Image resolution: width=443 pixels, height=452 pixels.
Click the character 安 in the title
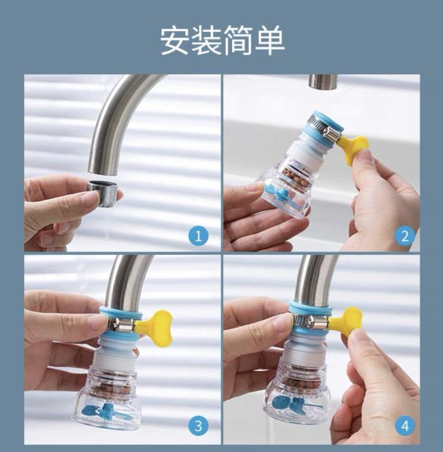click(x=176, y=40)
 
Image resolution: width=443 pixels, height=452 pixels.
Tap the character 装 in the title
click(x=207, y=40)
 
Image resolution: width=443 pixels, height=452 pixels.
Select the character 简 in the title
click(x=238, y=40)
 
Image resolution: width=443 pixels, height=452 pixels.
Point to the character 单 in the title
click(x=270, y=40)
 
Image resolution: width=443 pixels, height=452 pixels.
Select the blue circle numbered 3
click(x=198, y=425)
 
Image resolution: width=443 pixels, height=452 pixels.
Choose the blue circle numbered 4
click(x=405, y=425)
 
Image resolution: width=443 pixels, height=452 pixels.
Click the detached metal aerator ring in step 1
click(x=102, y=193)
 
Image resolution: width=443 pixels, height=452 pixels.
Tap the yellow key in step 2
click(x=353, y=149)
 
